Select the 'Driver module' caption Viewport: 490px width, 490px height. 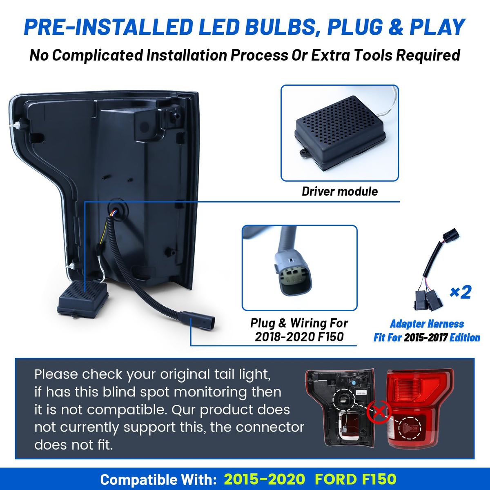point(340,192)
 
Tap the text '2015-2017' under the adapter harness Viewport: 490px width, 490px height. point(426,337)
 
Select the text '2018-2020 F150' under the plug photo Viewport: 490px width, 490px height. point(299,337)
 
